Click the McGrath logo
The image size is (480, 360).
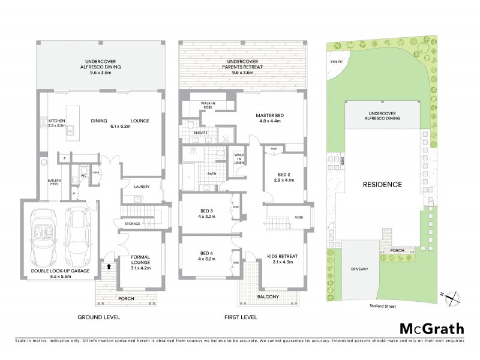431,328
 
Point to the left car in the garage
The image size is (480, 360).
45,238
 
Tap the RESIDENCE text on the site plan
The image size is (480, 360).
382,184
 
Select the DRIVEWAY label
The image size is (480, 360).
359,268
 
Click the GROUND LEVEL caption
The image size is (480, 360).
98,317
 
